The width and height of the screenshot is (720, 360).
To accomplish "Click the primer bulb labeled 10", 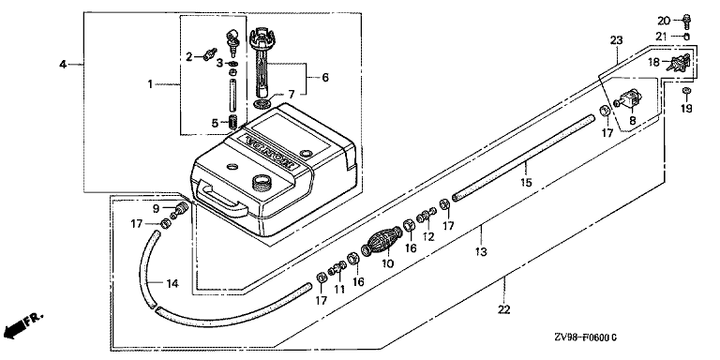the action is pos(382,242).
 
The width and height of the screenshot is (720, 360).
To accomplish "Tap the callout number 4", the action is pos(63,65).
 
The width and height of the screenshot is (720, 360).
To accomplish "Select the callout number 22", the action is pos(504,310).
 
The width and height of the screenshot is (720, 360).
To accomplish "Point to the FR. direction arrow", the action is pos(22,324).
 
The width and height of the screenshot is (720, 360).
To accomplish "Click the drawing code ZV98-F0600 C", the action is pos(589,337).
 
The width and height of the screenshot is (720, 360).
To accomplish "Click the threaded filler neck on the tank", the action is pos(262,181).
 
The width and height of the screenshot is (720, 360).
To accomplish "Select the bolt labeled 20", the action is pos(687,20).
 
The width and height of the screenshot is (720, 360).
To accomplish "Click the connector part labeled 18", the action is pos(679,65).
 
